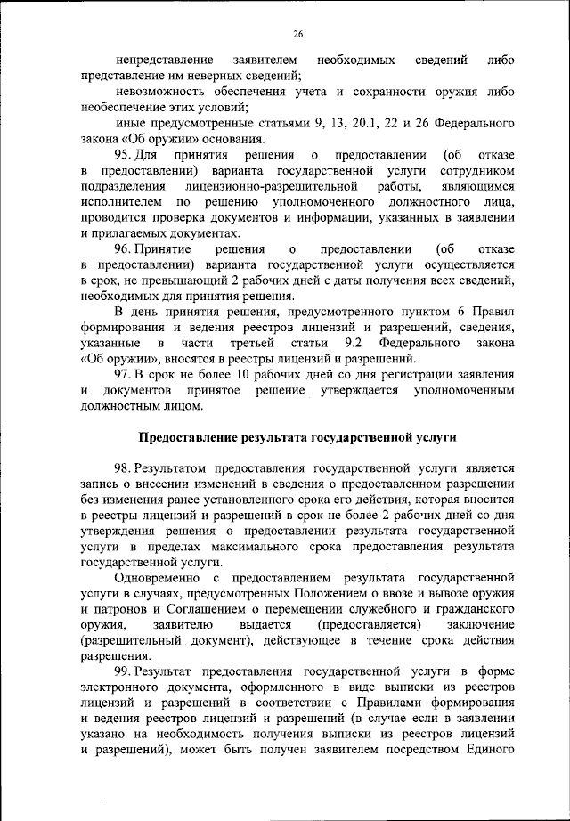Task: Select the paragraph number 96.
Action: pyautogui.click(x=126, y=250)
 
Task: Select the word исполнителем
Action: pyautogui.click(x=116, y=202)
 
